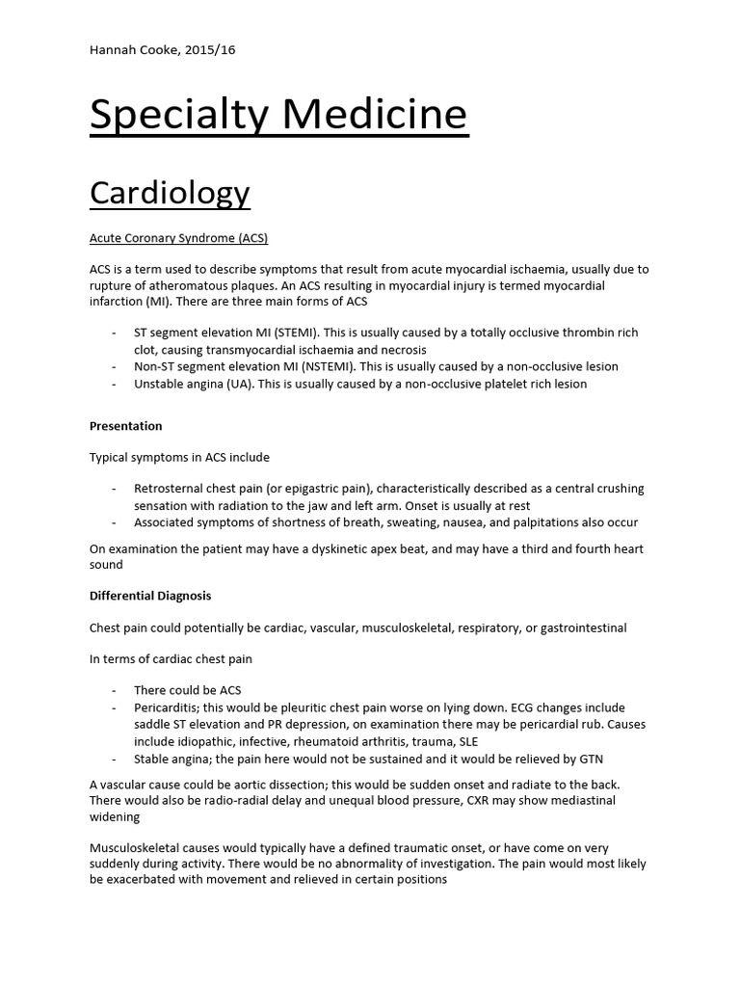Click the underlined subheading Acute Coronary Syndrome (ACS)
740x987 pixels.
178,237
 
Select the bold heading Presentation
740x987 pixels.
125,426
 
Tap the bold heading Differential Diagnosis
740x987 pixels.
150,596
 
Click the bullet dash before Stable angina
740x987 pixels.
115,760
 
